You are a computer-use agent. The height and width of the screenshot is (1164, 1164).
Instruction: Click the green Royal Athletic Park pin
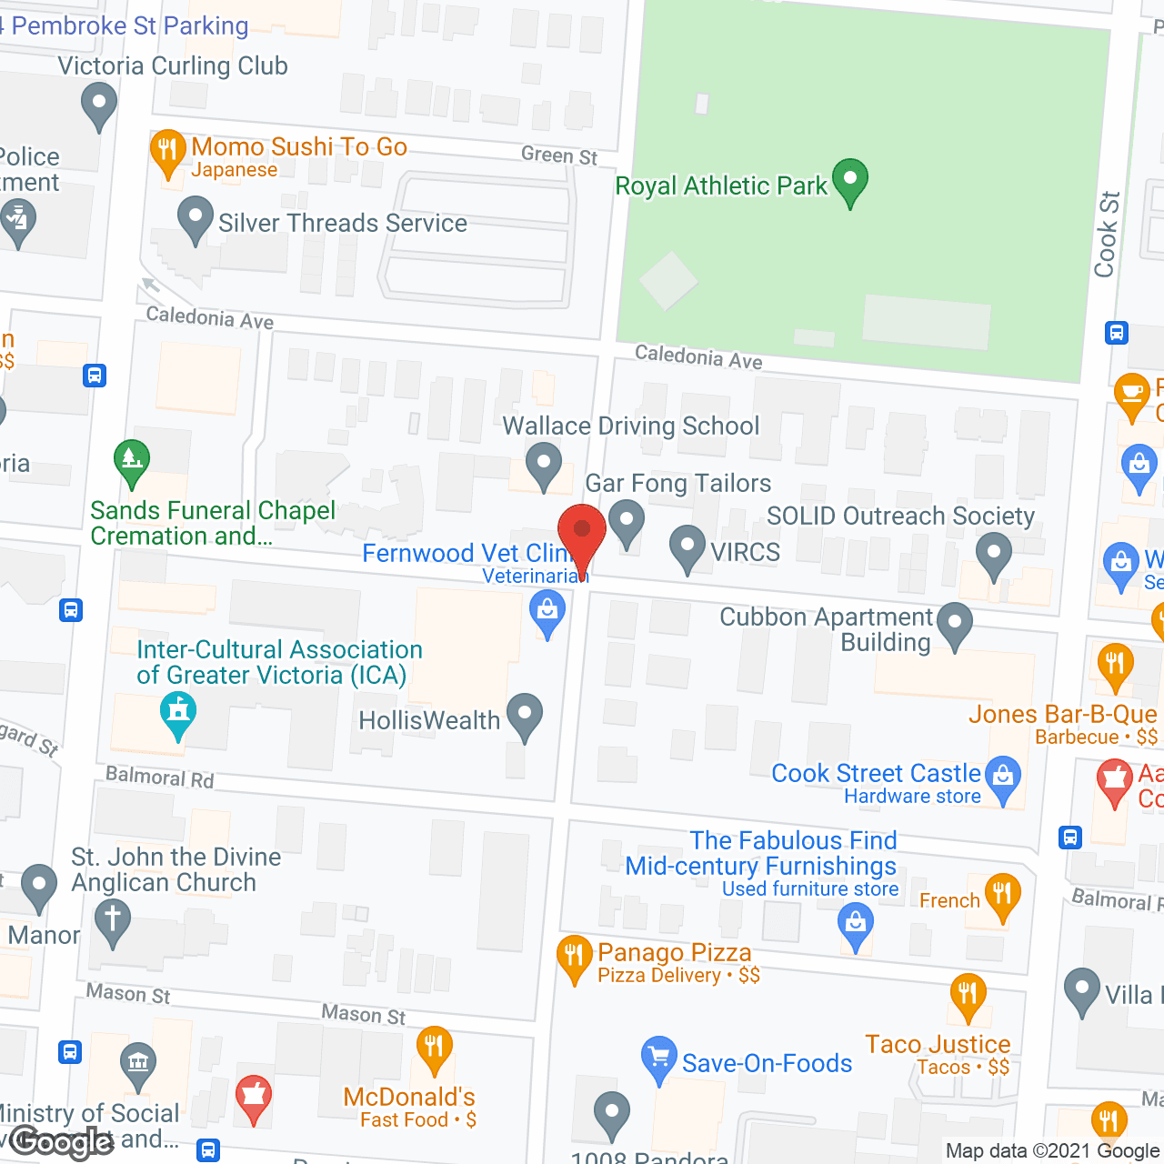point(849,180)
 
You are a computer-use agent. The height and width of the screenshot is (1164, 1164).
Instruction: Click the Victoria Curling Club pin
point(98,104)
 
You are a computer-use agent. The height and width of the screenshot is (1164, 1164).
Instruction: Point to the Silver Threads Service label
point(342,223)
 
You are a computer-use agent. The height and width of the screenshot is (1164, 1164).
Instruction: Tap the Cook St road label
point(1106,235)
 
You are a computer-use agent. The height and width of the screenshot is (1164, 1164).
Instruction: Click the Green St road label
point(558,156)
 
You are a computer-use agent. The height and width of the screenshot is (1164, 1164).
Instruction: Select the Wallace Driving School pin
point(544,464)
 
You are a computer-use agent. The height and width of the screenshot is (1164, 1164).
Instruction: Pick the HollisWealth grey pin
point(525,715)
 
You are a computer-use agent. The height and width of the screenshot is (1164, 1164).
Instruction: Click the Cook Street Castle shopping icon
point(1003,778)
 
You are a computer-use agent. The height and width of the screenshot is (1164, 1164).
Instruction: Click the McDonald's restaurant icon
point(434,1048)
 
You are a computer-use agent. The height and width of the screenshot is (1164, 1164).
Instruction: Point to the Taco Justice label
point(938,1044)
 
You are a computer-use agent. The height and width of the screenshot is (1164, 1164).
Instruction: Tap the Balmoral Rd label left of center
point(159,777)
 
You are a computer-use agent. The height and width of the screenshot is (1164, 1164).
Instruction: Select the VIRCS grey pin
point(687,547)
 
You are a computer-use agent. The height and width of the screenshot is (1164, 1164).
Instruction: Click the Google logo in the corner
point(62,1142)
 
